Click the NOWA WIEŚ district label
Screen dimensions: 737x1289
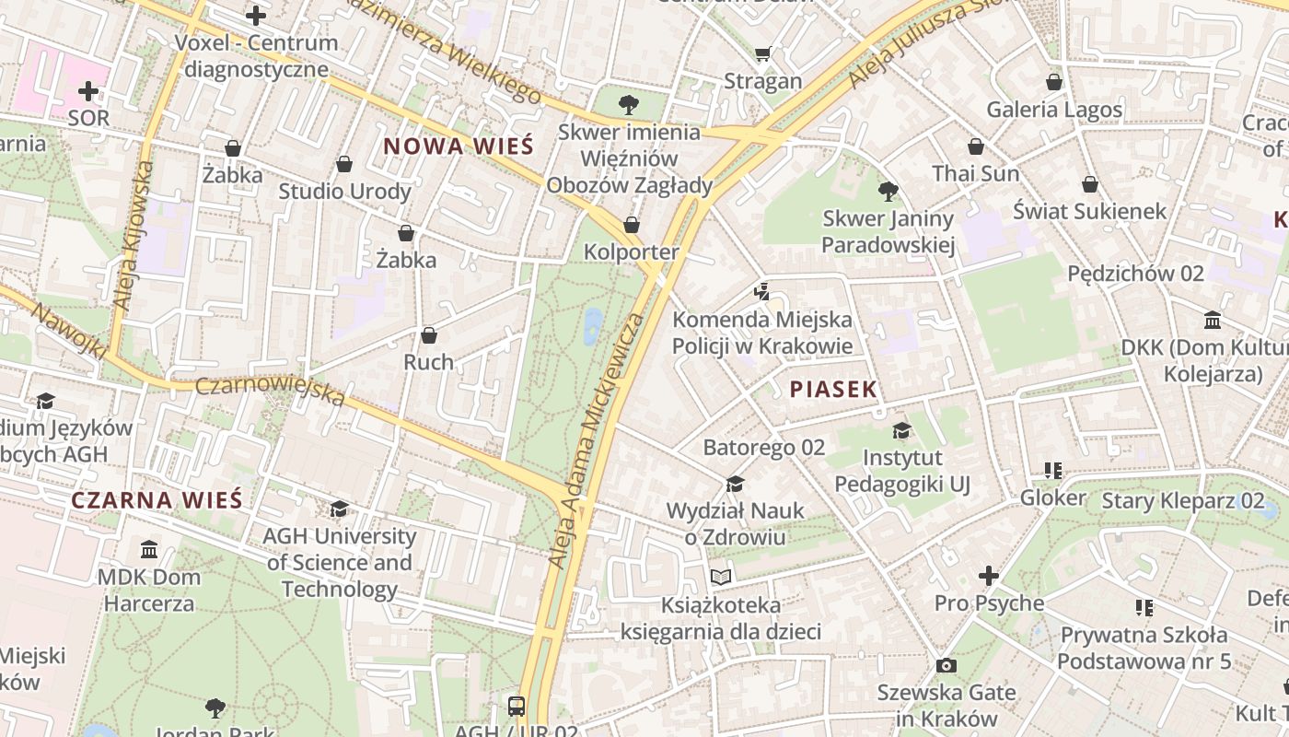458,146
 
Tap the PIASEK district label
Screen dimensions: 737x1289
833,389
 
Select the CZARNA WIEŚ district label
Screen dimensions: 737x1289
157,500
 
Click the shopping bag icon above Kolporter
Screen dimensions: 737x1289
632,225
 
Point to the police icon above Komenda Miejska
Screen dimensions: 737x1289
761,293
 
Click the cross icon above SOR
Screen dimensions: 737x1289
88,91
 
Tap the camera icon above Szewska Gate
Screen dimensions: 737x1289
946,665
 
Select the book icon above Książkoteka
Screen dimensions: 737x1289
720,578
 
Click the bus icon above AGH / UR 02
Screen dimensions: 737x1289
516,707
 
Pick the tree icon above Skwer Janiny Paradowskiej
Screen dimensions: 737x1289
888,192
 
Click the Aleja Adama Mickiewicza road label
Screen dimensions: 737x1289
597,440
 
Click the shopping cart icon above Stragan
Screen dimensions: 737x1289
761,53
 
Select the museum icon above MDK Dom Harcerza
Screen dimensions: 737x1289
149,550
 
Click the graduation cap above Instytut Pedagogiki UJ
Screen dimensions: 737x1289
901,430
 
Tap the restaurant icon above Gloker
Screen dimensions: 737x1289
1053,471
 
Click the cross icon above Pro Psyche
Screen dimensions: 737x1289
989,576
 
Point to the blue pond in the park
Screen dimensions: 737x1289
593,324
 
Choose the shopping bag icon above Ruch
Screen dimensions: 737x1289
428,335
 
